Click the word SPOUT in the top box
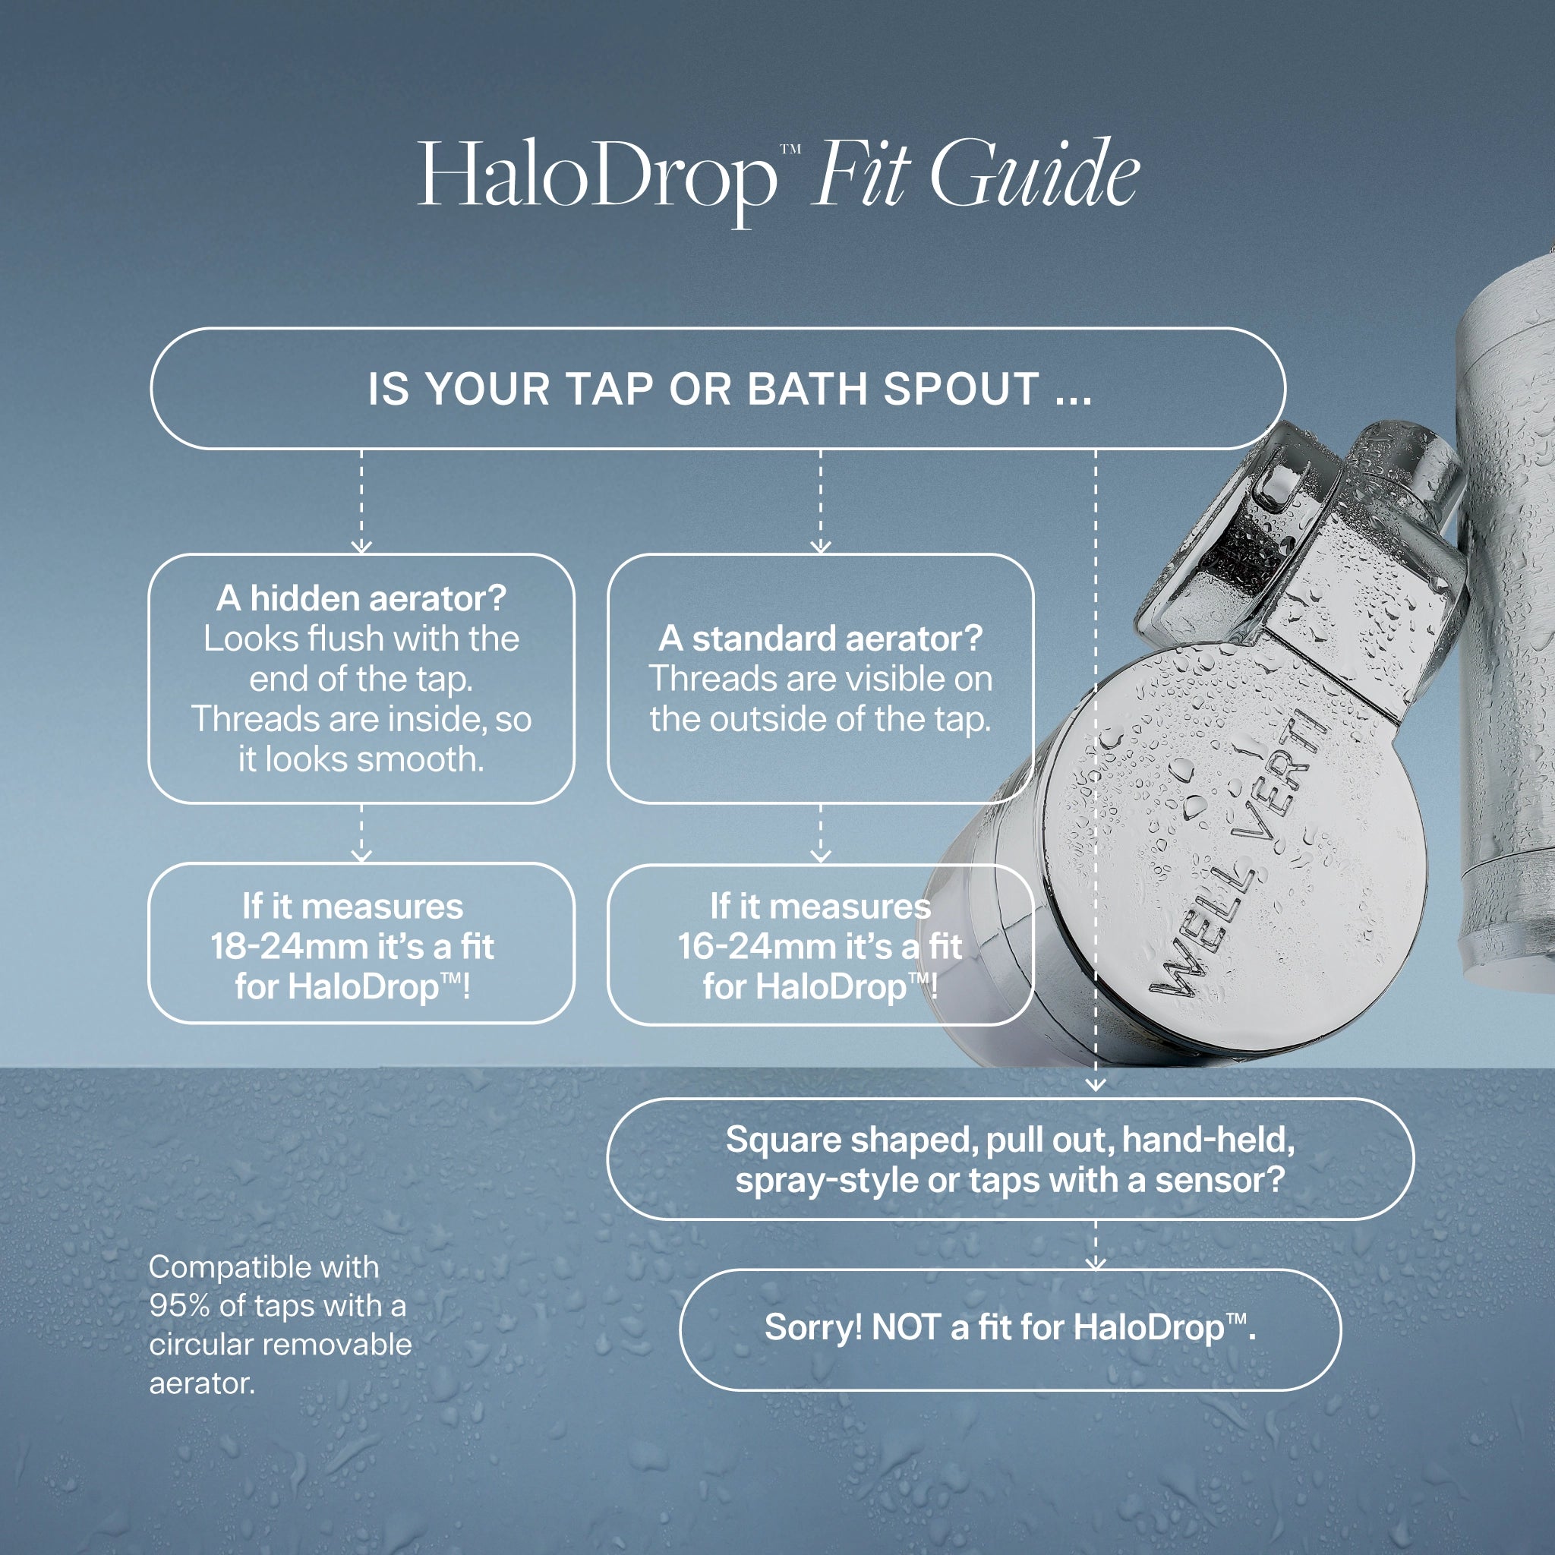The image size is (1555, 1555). (x=961, y=389)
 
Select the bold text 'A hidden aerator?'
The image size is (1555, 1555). (x=361, y=599)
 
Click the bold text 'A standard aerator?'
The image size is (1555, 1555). (x=820, y=639)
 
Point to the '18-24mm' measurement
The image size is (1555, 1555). (x=292, y=947)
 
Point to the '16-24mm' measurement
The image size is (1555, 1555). (x=759, y=947)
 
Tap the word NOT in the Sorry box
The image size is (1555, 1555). (x=907, y=1327)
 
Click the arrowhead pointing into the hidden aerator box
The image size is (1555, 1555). (x=361, y=547)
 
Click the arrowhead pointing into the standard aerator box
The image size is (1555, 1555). (x=820, y=547)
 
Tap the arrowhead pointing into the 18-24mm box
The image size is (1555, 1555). (x=361, y=856)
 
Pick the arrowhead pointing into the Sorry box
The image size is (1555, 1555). (x=1096, y=1263)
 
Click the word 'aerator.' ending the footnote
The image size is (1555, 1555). (x=202, y=1383)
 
